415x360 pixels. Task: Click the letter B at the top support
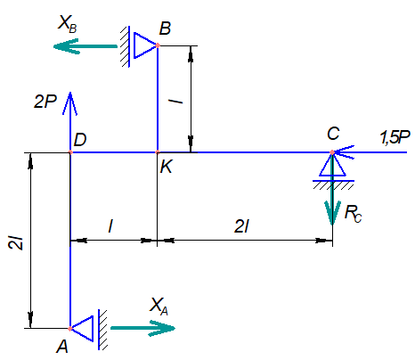[x=165, y=29]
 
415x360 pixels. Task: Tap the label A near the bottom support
[x=62, y=346]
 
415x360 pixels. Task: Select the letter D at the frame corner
[x=80, y=139]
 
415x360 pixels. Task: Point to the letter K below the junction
[x=166, y=167]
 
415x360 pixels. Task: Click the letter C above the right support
[x=333, y=134]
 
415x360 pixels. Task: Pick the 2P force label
[x=45, y=102]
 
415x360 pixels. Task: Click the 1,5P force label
[x=395, y=137]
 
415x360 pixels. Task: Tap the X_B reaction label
[x=68, y=23]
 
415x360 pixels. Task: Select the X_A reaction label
[x=159, y=306]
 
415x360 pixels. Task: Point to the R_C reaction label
[x=354, y=213]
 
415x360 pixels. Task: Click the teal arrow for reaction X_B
[x=85, y=46]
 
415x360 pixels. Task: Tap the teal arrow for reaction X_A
[x=142, y=328]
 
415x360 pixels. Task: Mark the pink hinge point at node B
[x=158, y=45]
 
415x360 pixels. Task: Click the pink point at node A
[x=70, y=329]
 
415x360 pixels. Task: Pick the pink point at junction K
[x=158, y=152]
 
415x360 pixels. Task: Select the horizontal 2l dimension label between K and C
[x=242, y=226]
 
